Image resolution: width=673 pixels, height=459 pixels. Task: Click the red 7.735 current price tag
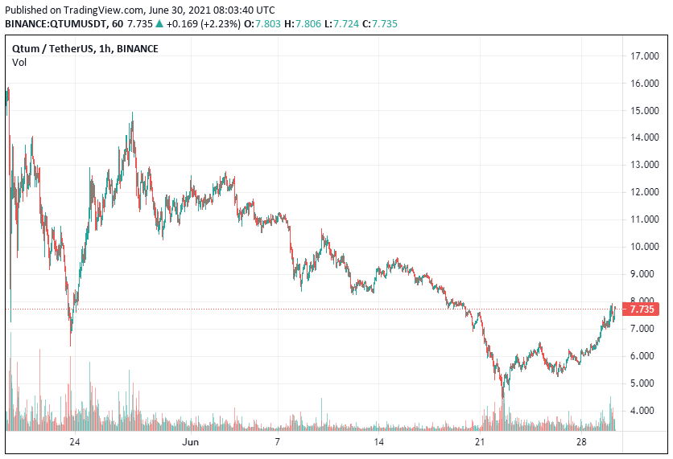(643, 309)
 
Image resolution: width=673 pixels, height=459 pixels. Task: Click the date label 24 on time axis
(74, 442)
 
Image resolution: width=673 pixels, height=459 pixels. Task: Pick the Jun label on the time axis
(190, 442)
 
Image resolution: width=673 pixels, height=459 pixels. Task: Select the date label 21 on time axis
(481, 442)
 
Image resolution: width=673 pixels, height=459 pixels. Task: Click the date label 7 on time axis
(277, 442)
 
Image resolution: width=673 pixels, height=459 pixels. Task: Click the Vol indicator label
(19, 62)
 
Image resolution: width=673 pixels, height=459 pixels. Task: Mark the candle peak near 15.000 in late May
(131, 114)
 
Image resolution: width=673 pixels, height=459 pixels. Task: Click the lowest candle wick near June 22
(503, 398)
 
